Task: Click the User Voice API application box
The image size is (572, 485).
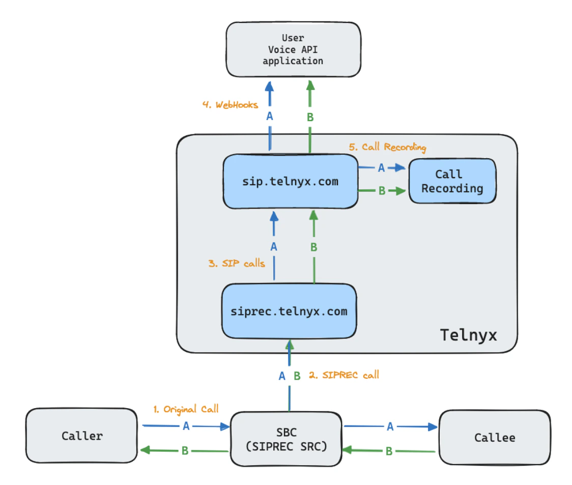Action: click(293, 49)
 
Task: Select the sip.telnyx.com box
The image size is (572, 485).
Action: click(290, 182)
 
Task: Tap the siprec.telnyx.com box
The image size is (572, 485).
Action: click(289, 311)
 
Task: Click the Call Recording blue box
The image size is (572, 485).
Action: click(452, 182)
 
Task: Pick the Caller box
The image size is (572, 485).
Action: click(82, 436)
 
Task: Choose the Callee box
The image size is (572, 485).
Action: click(494, 438)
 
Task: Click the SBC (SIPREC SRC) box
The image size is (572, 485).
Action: click(286, 439)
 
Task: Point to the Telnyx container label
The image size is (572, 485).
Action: click(468, 335)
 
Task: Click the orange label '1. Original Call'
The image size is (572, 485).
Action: click(186, 409)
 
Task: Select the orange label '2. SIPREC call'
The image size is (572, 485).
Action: click(344, 375)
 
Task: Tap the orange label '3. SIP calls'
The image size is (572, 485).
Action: click(237, 263)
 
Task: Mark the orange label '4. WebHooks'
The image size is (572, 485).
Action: click(230, 105)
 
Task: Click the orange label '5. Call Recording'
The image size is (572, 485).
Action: click(387, 147)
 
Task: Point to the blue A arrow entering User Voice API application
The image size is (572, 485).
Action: click(270, 102)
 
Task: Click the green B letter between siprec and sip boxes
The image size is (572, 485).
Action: click(313, 247)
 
